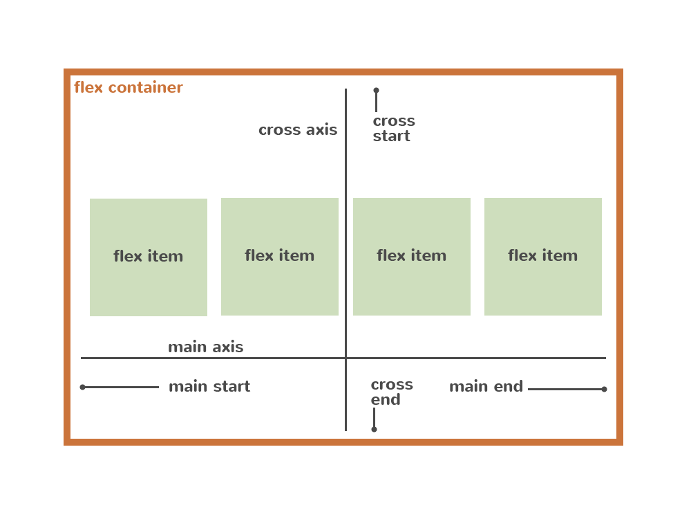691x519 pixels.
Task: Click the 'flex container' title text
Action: click(x=129, y=88)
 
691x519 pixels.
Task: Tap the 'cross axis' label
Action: click(x=298, y=130)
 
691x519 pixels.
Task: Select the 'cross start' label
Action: click(x=393, y=129)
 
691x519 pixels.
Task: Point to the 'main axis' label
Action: click(x=205, y=347)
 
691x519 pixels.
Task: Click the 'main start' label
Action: click(x=209, y=387)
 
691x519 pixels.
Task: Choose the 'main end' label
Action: click(x=486, y=387)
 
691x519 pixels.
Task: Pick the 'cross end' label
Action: click(x=391, y=392)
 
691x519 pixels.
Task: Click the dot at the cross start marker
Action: click(x=376, y=91)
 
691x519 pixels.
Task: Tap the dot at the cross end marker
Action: click(x=374, y=429)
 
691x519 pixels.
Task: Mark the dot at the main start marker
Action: click(x=83, y=388)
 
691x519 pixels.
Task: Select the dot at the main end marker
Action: click(x=604, y=389)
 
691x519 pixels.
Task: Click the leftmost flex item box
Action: click(x=149, y=257)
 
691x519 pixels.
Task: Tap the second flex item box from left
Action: click(x=280, y=257)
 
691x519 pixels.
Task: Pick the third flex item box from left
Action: click(x=412, y=257)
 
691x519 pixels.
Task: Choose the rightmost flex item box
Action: click(x=543, y=257)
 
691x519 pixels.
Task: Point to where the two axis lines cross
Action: click(x=346, y=358)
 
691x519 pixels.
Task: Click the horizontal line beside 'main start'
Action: click(x=122, y=388)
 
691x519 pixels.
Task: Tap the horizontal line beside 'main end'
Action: click(x=565, y=389)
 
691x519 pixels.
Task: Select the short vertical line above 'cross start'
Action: click(x=376, y=102)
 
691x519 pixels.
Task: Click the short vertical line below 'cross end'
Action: click(x=374, y=417)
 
